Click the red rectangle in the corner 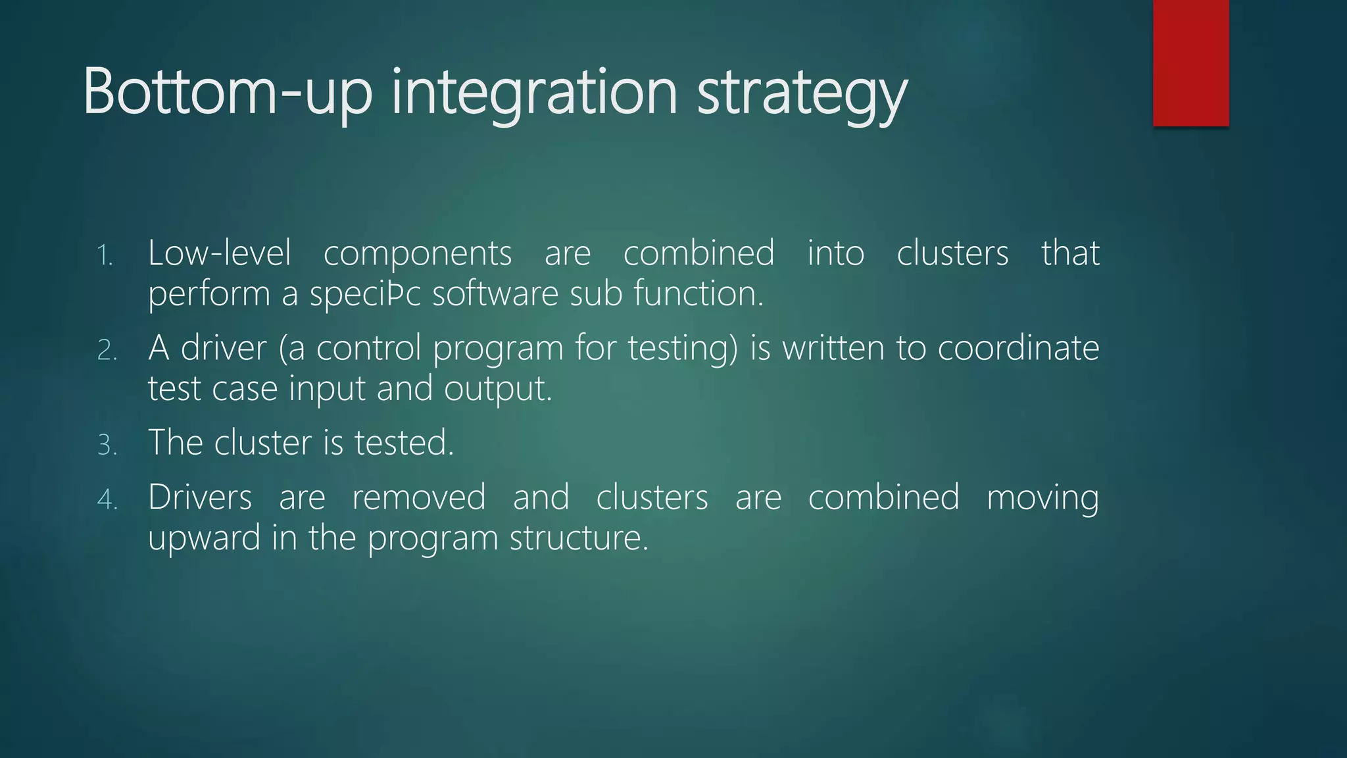coord(1190,63)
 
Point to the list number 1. coord(105,256)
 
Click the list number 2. coord(107,351)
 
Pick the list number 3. coord(107,445)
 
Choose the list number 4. coord(107,500)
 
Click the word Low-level coord(219,253)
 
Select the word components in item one coord(418,254)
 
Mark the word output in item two coord(497,389)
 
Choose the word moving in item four coord(1042,498)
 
